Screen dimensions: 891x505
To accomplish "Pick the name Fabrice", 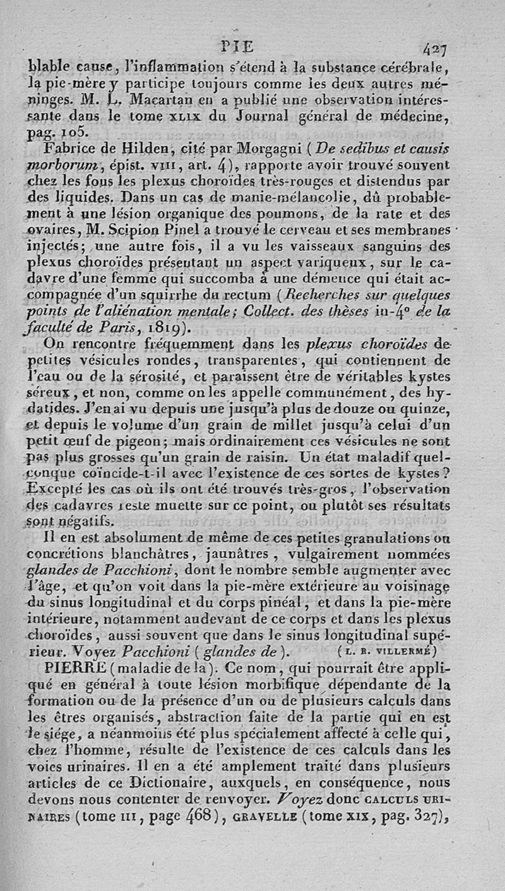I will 68,150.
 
